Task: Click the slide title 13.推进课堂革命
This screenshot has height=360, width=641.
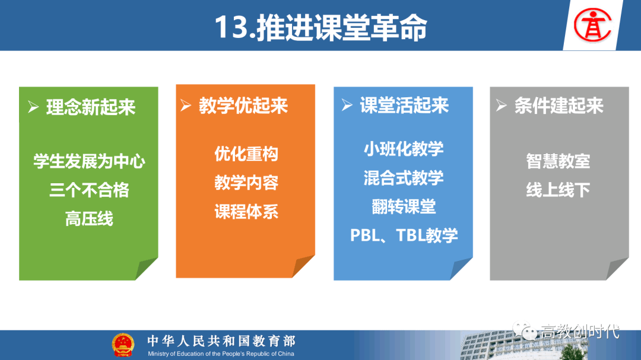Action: tap(320, 27)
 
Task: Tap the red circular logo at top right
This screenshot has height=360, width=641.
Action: tap(592, 26)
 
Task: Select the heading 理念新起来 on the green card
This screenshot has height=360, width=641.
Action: tap(91, 107)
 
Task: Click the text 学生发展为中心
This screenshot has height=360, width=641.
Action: tap(89, 161)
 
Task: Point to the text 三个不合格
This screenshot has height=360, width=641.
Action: tap(89, 190)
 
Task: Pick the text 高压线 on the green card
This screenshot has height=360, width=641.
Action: tap(89, 219)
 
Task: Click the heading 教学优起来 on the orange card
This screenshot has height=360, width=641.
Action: tap(243, 106)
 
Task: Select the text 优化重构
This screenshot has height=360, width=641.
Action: tap(246, 154)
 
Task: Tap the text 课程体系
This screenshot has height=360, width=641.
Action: tap(246, 212)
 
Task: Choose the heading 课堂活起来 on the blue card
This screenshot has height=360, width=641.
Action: tap(404, 106)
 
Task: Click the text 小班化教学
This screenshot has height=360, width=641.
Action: tap(404, 149)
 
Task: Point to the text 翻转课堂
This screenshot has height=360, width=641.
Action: tap(404, 206)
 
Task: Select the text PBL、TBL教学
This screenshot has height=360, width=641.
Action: tap(404, 235)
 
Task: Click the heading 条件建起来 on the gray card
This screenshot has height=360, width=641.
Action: tap(559, 106)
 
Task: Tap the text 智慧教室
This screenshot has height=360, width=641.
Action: tap(558, 161)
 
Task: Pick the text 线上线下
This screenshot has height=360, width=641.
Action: tap(558, 190)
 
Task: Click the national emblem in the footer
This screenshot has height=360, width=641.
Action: tap(123, 345)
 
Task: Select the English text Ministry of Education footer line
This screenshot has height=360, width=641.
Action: tap(221, 354)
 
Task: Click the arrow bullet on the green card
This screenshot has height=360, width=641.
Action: tap(33, 107)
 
